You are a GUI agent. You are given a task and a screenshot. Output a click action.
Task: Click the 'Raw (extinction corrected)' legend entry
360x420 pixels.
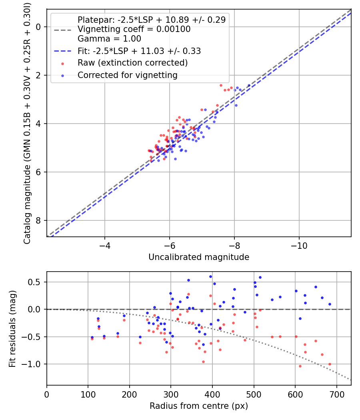[132, 63]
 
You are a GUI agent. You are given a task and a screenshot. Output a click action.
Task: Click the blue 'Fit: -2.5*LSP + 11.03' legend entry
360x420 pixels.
[139, 51]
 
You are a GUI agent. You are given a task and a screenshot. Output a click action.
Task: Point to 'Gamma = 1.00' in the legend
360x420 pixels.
[109, 39]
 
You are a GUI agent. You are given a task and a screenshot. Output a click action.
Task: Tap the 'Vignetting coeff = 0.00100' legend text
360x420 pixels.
[134, 29]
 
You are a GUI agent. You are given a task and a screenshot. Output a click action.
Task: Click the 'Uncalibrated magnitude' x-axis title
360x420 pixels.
[199, 257]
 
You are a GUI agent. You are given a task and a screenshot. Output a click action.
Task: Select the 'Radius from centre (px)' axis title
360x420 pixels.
[199, 406]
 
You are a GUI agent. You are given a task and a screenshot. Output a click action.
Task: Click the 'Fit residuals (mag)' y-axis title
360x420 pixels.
[12, 328]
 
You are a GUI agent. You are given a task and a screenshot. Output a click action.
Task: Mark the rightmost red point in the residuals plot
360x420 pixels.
[330, 364]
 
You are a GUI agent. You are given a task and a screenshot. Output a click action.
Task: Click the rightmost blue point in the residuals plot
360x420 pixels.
[330, 304]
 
